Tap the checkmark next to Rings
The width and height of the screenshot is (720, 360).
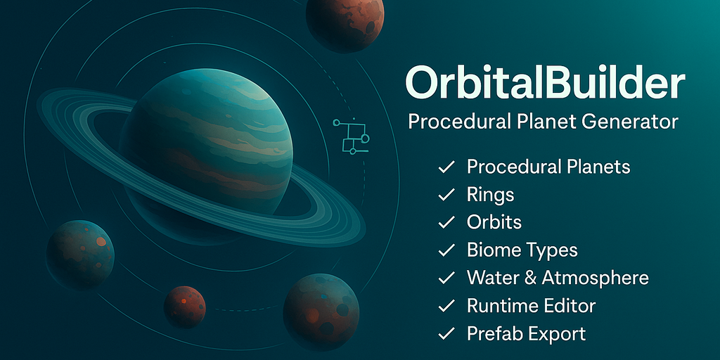[445, 195]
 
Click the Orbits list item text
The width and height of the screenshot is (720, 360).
[494, 222]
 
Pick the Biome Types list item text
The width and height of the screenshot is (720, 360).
[522, 250]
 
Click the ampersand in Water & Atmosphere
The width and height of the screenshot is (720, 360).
[529, 277]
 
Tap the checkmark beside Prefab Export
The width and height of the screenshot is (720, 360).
[445, 333]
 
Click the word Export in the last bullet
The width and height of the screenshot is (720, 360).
[558, 333]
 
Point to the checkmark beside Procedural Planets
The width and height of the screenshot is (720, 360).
[445, 167]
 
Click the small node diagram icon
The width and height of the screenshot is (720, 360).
[350, 135]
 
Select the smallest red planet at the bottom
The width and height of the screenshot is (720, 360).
[185, 306]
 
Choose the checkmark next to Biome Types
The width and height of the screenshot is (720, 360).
[445, 250]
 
